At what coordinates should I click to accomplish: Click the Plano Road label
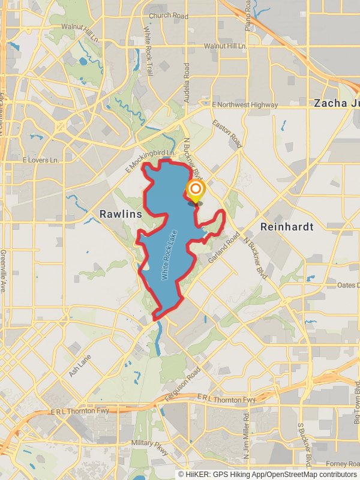(x=248, y=15)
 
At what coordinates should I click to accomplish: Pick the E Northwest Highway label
(x=245, y=104)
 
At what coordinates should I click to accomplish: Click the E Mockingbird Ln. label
(x=150, y=161)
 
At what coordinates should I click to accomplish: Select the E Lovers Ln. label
(x=41, y=160)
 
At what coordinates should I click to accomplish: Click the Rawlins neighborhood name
(x=121, y=214)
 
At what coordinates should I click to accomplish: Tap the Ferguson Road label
(x=184, y=378)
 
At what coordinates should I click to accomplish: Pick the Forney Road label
(x=341, y=463)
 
